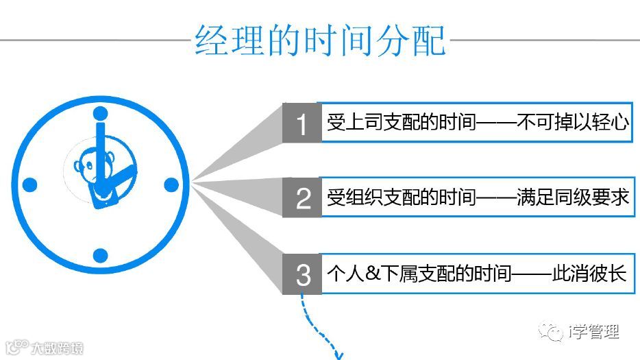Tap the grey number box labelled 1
pos(302,123)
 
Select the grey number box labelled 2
pos(302,198)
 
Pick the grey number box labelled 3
pos(302,274)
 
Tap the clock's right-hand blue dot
pos(171,184)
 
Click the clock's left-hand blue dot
pos(29,184)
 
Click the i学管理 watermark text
pos(593,333)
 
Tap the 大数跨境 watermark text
pos(56,348)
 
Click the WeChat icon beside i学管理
pos(552,333)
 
